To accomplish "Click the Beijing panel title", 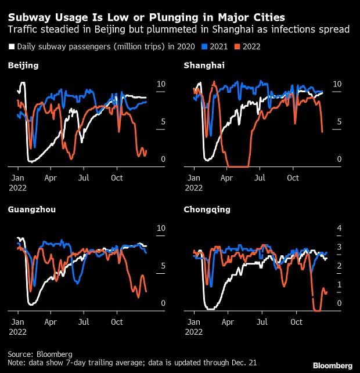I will (23, 66).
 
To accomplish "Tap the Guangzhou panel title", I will (32, 209).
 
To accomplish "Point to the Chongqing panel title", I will (207, 209).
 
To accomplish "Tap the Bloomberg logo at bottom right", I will (333, 365).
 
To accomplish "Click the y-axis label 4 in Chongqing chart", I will (339, 229).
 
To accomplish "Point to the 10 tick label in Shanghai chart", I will (339, 84).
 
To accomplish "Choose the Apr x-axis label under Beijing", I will (51, 177).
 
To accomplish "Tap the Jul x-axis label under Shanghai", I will (261, 177).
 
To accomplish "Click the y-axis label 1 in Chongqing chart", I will (339, 284).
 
